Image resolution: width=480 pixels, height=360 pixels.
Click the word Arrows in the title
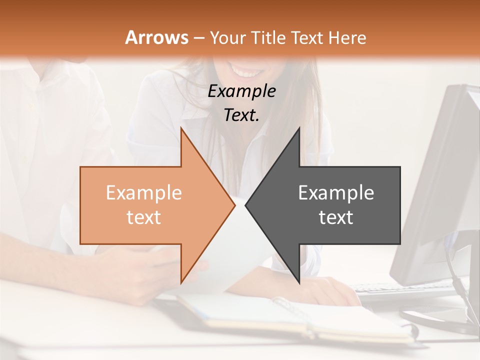click(x=156, y=37)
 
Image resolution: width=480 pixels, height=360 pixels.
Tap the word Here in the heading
click(x=348, y=38)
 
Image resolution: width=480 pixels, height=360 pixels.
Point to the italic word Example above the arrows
click(x=241, y=91)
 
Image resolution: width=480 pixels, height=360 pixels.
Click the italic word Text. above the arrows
click(x=241, y=115)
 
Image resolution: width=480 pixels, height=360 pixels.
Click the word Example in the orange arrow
click(x=143, y=193)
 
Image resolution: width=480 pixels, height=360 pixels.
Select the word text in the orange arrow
click(x=143, y=217)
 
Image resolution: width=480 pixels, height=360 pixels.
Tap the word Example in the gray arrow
click(x=336, y=193)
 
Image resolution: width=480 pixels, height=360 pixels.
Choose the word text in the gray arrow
click(x=336, y=217)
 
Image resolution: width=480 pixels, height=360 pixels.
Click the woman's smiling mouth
click(x=247, y=71)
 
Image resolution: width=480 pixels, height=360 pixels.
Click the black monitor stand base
click(x=440, y=320)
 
